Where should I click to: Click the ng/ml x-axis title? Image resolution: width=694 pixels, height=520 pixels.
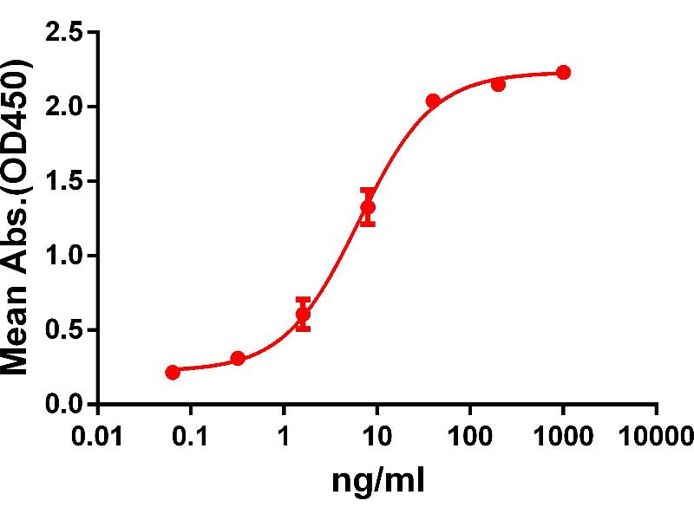pyautogui.click(x=378, y=479)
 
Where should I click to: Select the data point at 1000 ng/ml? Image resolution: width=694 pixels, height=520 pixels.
pyautogui.click(x=563, y=72)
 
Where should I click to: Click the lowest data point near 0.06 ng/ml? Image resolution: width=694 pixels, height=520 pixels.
pyautogui.click(x=173, y=372)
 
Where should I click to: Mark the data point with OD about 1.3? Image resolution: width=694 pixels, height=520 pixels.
pyautogui.click(x=368, y=207)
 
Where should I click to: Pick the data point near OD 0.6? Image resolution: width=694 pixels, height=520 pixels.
pyautogui.click(x=303, y=314)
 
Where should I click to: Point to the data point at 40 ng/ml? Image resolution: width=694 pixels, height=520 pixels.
pyautogui.click(x=433, y=101)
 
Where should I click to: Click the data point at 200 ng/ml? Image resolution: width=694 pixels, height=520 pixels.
pyautogui.click(x=498, y=84)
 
